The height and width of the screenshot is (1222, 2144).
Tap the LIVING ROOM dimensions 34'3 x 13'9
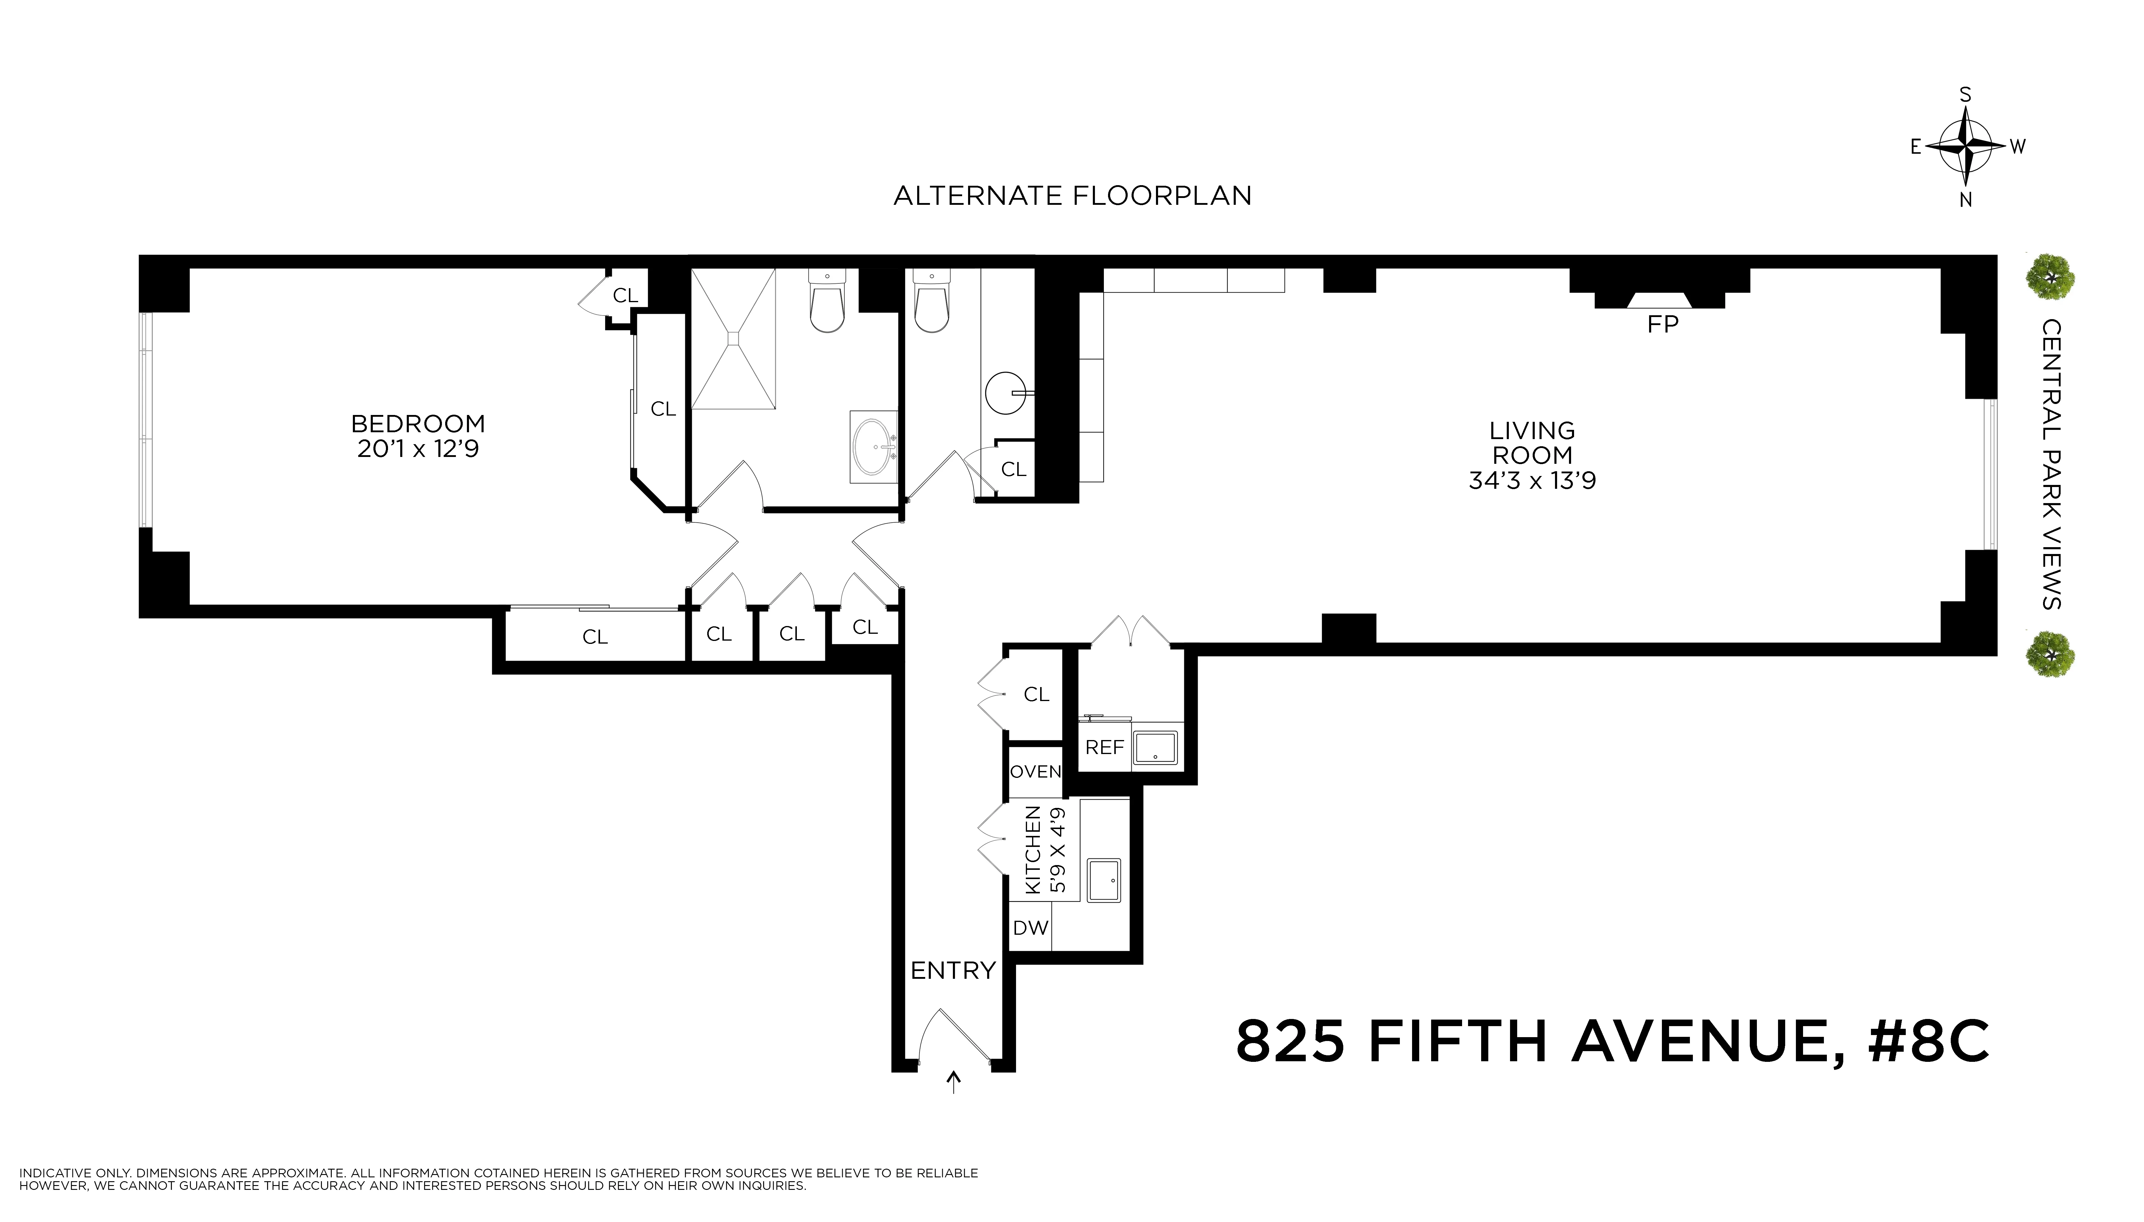pyautogui.click(x=1532, y=480)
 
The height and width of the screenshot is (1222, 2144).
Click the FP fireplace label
pyautogui.click(x=1662, y=324)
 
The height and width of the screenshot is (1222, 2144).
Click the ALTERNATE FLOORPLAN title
pyautogui.click(x=1072, y=196)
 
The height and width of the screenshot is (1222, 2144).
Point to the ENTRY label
pyautogui.click(x=953, y=971)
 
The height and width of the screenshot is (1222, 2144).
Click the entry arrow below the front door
pyautogui.click(x=953, y=1083)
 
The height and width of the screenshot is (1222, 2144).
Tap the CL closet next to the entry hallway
pyautogui.click(x=1036, y=694)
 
